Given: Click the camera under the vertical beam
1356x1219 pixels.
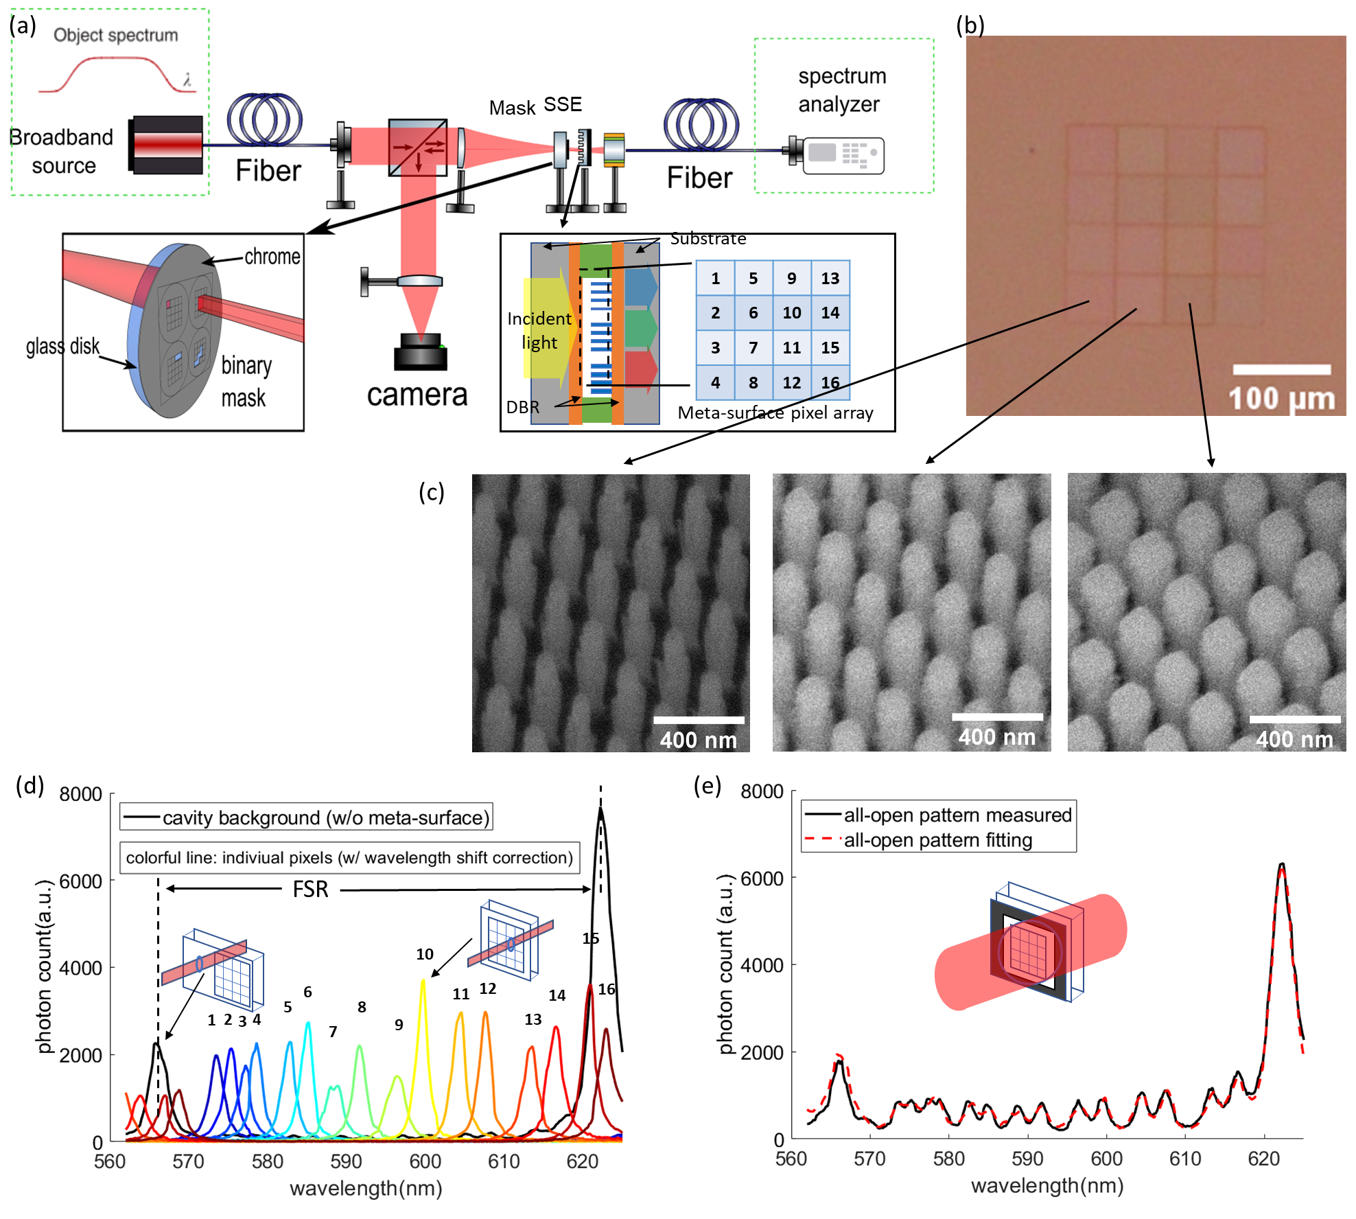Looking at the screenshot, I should click(x=420, y=351).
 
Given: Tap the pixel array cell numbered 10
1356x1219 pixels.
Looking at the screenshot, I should click(x=791, y=313).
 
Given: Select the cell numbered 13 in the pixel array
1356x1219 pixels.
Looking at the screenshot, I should click(x=830, y=278).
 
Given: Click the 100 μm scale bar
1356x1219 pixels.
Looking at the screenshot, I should click(x=1281, y=370).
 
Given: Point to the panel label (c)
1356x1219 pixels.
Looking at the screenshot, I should click(x=432, y=492).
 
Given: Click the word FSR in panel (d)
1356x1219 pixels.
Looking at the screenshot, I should click(x=310, y=890).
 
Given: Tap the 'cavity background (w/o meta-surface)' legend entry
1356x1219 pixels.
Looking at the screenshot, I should click(x=307, y=817).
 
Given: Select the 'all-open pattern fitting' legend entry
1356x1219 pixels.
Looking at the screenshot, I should click(x=937, y=840).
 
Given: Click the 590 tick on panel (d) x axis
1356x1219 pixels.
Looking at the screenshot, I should click(x=346, y=1161).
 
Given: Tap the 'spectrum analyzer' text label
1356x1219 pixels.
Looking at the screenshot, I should click(x=841, y=90).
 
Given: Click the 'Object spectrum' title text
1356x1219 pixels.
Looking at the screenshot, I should click(x=115, y=35).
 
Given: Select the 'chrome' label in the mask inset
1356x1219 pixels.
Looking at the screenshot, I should click(x=272, y=257).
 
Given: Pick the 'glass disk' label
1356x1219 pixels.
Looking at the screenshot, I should click(x=62, y=346).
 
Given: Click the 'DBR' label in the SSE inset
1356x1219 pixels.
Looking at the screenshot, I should click(x=522, y=407).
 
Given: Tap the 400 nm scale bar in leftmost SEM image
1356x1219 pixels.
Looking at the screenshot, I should click(x=699, y=720).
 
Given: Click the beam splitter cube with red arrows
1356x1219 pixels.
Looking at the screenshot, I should click(x=417, y=148).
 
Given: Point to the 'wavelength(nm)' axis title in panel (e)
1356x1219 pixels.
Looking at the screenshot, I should click(x=1047, y=1185).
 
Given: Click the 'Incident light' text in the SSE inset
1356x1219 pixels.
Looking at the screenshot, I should click(x=539, y=330).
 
